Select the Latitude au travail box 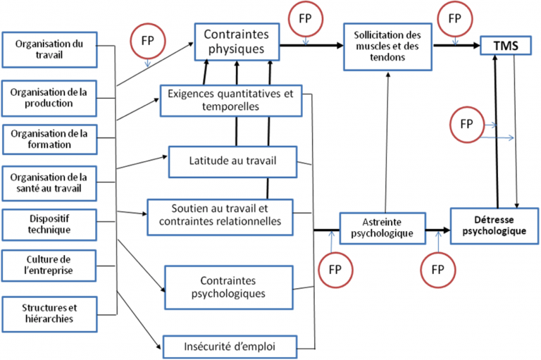click(x=232, y=161)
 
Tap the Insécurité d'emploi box click(x=230, y=346)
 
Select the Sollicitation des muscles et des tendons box click(x=387, y=46)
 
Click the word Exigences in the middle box click(x=191, y=94)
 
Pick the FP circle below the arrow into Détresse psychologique click(x=437, y=268)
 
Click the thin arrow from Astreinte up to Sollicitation click(x=386, y=141)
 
